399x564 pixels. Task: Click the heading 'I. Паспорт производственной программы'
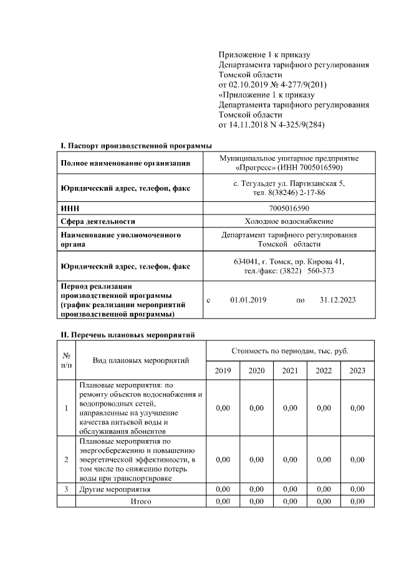(136, 146)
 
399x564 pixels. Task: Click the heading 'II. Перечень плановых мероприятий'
(128, 335)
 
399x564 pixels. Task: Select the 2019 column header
(223, 371)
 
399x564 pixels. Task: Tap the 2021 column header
(290, 371)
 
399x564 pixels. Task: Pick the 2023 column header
(357, 371)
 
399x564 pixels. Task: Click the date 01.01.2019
(248, 300)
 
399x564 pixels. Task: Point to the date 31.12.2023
(337, 300)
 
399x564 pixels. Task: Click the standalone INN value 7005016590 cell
(289, 208)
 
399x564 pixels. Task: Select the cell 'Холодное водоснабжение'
(289, 221)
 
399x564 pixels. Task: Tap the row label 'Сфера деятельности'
(98, 221)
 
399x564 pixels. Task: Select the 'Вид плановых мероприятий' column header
(141, 360)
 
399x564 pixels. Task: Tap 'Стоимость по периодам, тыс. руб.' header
(289, 351)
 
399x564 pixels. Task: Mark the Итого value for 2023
(357, 500)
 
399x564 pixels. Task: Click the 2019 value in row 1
(223, 408)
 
